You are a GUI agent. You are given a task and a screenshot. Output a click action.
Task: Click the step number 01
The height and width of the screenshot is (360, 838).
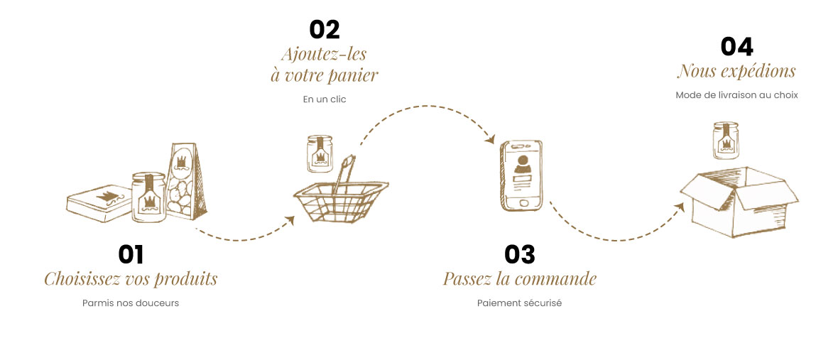[x=131, y=255]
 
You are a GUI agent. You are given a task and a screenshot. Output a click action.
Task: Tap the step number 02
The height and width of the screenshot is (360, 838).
[x=325, y=30]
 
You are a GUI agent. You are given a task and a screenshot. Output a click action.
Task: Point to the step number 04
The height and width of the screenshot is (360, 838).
[x=737, y=47]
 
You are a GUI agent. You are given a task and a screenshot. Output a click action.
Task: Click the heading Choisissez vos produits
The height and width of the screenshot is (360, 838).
[x=131, y=279]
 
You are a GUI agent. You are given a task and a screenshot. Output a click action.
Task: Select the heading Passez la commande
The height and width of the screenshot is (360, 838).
[x=519, y=279]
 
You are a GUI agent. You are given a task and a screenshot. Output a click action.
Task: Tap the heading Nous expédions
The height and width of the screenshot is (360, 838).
[x=736, y=71]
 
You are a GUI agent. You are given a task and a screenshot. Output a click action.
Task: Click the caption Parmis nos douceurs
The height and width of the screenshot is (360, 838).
[x=131, y=303]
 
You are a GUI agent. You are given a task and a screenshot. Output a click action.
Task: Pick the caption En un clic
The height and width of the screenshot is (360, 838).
[x=325, y=99]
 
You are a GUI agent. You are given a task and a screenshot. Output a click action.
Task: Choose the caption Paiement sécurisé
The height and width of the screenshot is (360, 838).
[x=519, y=303]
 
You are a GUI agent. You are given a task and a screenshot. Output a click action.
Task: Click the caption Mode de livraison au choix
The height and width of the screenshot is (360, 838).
[x=737, y=96]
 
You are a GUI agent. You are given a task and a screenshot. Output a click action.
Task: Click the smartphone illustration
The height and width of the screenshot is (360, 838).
[x=521, y=176]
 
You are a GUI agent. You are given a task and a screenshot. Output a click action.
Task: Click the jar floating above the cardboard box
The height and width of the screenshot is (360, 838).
[x=727, y=141]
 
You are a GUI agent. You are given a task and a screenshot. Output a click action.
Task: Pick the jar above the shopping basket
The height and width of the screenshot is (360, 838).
[x=320, y=153]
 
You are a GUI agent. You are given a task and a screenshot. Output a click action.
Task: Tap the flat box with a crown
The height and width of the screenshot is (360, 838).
[x=99, y=203]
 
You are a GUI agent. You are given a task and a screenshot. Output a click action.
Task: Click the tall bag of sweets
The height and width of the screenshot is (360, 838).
[x=185, y=182]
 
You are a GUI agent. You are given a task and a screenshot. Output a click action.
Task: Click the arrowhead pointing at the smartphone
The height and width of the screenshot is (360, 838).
[x=489, y=139]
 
